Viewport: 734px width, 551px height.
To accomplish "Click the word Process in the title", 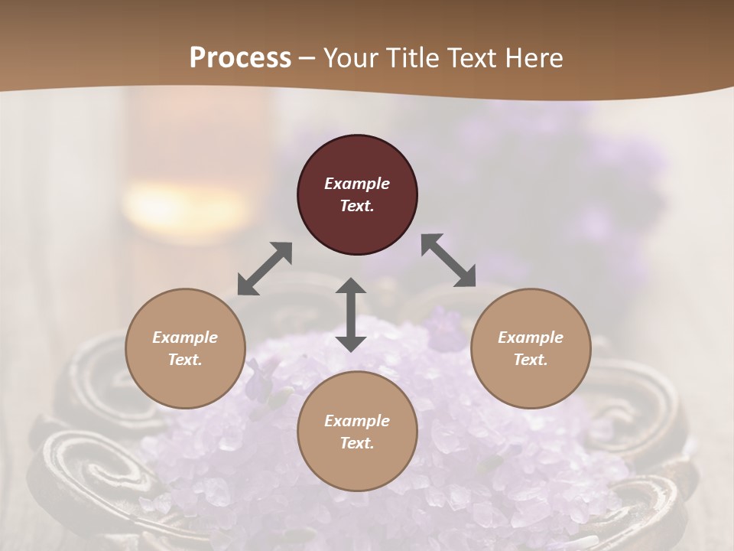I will (x=240, y=58).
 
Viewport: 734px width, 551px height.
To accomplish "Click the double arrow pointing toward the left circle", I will (x=265, y=269).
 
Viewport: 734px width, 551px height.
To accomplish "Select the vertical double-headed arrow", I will (x=351, y=315).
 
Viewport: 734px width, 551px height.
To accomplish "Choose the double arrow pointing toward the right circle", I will (x=449, y=260).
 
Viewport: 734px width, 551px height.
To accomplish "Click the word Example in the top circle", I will (x=357, y=184).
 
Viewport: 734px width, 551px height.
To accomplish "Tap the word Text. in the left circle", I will (x=185, y=360).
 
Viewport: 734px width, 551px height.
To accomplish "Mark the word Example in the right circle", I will (x=530, y=337).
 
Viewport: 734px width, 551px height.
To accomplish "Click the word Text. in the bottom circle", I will (x=357, y=443).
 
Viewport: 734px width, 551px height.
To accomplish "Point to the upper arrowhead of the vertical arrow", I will (x=351, y=286).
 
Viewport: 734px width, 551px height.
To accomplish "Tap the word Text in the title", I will (x=475, y=58).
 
